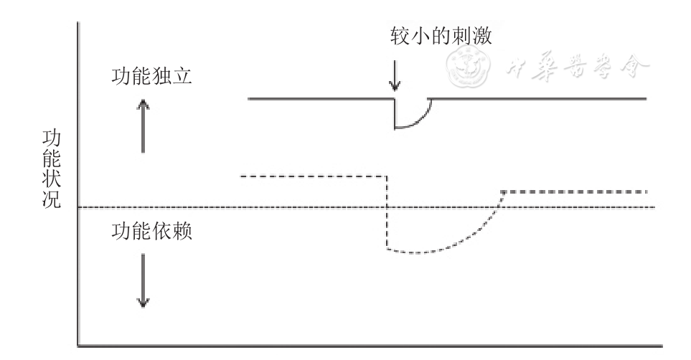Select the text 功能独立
(x=152, y=77)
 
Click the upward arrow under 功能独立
(x=144, y=125)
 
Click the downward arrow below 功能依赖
(x=144, y=280)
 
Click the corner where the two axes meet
(x=77, y=346)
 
